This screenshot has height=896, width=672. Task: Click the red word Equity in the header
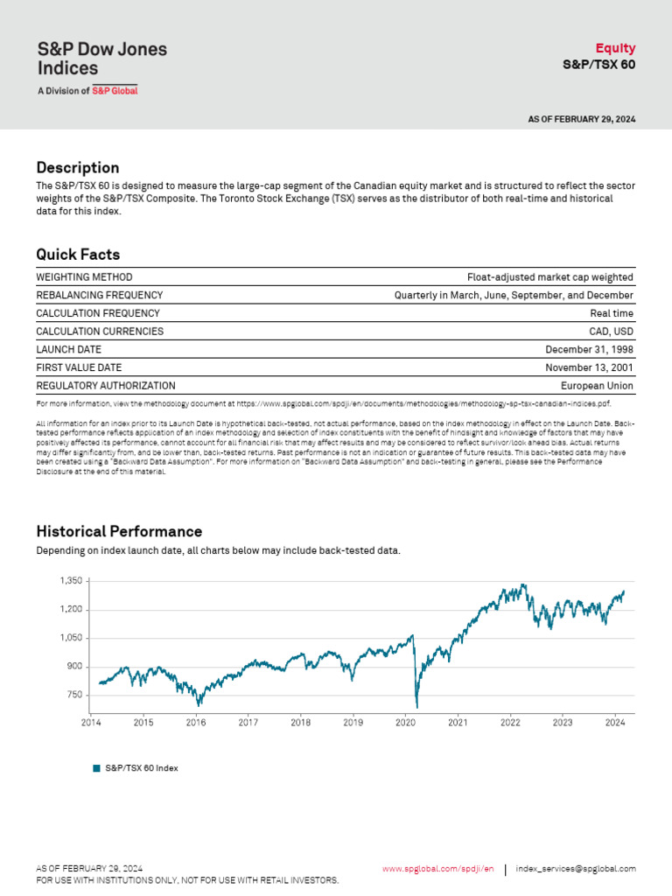click(x=615, y=48)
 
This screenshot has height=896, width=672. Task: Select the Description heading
click(x=77, y=167)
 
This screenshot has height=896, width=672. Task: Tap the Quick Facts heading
click(x=78, y=255)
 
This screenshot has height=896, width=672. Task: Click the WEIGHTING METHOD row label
click(x=84, y=277)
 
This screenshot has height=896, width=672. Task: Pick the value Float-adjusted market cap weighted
click(x=549, y=277)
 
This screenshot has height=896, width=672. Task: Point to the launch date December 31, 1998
click(x=589, y=350)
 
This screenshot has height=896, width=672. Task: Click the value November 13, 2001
click(x=589, y=367)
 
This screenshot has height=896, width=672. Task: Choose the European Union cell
click(x=597, y=386)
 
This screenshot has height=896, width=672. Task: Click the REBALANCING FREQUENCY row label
click(x=99, y=296)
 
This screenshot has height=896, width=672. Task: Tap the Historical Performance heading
click(x=119, y=531)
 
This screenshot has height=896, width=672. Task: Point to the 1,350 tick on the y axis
click(x=71, y=581)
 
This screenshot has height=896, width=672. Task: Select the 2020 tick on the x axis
click(x=405, y=723)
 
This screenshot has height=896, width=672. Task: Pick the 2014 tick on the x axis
click(x=91, y=723)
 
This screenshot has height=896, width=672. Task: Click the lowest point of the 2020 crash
click(x=416, y=706)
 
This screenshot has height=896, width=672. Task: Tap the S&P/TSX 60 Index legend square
click(x=97, y=768)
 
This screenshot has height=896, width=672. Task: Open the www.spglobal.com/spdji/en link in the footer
click(x=437, y=869)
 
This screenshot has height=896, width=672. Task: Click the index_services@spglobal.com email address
click(x=576, y=869)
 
